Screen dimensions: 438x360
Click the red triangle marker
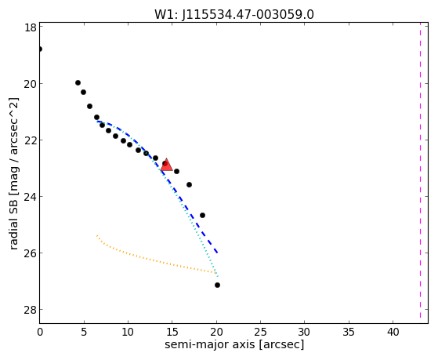click(166, 165)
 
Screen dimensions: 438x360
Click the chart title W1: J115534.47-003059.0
click(234, 14)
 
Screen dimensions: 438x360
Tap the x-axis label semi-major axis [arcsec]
click(234, 344)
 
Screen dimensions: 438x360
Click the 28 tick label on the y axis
click(31, 310)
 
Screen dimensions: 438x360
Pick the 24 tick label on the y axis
click(31, 197)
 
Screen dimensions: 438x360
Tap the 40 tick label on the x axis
click(393, 332)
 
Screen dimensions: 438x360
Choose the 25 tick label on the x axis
click(260, 332)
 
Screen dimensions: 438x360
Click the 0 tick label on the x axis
click(40, 332)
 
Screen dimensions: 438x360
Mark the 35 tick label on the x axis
click(349, 332)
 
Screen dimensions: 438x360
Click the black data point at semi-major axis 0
click(40, 49)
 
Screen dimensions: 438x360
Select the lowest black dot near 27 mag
click(217, 285)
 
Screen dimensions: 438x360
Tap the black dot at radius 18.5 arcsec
click(202, 216)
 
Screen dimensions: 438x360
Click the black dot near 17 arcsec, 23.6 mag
click(189, 184)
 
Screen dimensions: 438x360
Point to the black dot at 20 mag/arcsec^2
click(78, 83)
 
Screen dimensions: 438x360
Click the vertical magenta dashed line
click(420, 170)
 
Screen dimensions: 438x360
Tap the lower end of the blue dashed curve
click(217, 253)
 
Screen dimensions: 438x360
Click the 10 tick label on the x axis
click(128, 332)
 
